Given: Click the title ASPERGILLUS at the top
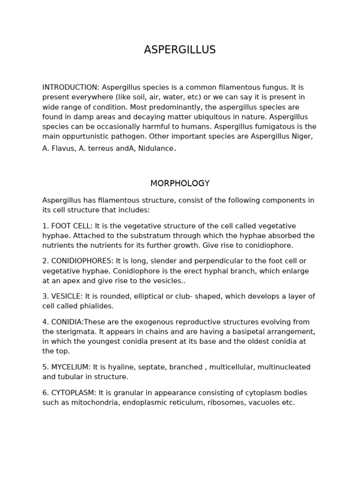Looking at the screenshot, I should pos(180,50).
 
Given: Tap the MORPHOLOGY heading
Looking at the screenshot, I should pos(180,183).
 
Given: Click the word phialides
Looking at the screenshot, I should pos(97,306).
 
